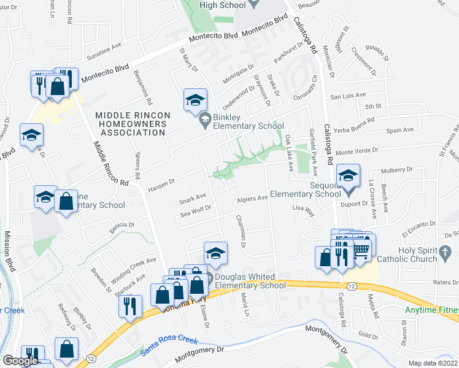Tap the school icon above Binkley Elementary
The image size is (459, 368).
click(x=195, y=100)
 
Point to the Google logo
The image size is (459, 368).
click(x=20, y=361)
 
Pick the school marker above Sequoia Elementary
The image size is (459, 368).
click(x=348, y=177)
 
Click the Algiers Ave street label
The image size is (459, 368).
click(x=252, y=199)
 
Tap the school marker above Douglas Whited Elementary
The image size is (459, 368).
click(x=215, y=253)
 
